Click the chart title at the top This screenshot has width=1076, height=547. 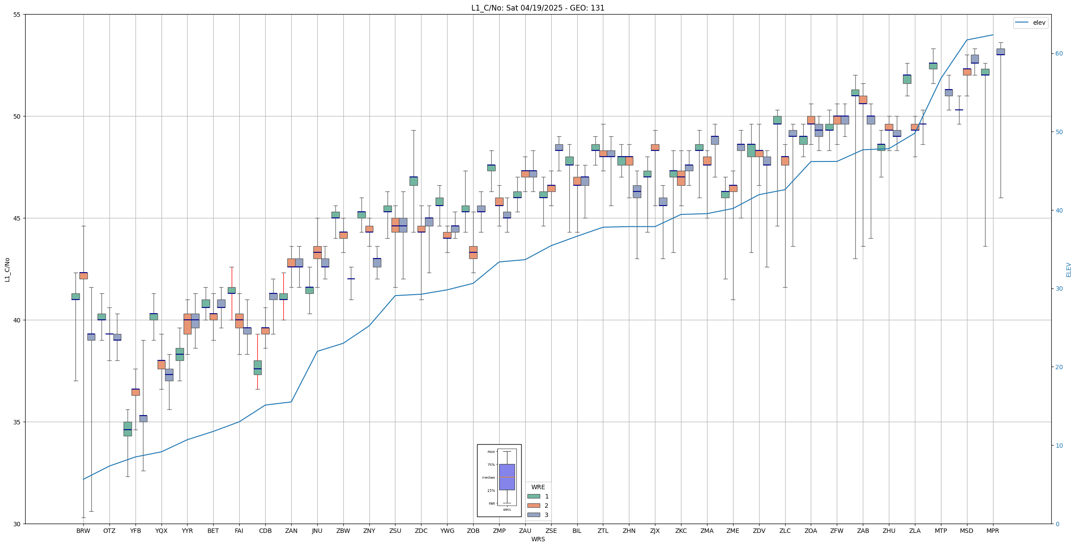click(x=538, y=8)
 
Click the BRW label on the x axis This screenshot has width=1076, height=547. click(x=83, y=531)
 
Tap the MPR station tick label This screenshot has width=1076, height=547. click(x=993, y=531)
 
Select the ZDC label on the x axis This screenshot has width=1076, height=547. click(x=421, y=531)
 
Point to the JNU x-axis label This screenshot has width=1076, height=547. click(x=317, y=531)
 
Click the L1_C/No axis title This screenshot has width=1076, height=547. click(x=7, y=270)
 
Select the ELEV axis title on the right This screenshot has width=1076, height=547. click(x=1068, y=270)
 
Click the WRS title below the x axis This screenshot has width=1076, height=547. click(x=538, y=539)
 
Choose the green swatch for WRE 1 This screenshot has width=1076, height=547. click(x=534, y=496)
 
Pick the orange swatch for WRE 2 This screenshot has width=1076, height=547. click(x=534, y=506)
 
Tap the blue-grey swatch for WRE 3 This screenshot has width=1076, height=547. click(x=534, y=515)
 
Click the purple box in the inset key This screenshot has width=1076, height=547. click(x=507, y=477)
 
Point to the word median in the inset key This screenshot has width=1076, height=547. click(x=488, y=477)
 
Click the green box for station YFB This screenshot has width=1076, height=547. click(x=128, y=429)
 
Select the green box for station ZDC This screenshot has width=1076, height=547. click(x=414, y=181)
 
